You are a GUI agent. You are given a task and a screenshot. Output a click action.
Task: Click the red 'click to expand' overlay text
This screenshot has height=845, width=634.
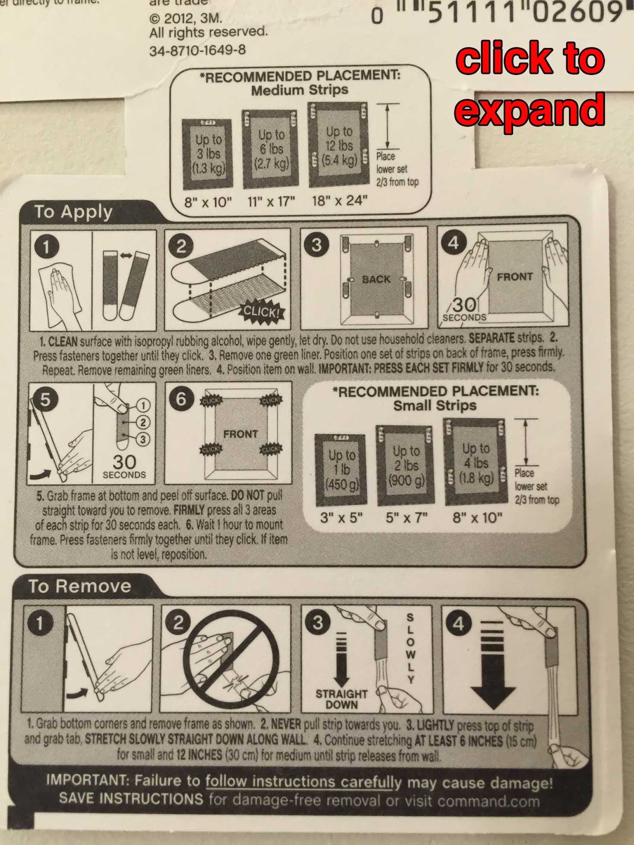(x=530, y=84)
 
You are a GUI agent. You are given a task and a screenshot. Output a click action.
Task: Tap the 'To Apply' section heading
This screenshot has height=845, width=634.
(x=73, y=212)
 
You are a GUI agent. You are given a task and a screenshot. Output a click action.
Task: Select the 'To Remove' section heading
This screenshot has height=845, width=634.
(x=80, y=586)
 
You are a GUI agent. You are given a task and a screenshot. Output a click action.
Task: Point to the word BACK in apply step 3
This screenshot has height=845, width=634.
(x=376, y=279)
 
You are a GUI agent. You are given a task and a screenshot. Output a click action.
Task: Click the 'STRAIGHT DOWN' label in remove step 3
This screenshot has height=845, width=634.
(x=341, y=699)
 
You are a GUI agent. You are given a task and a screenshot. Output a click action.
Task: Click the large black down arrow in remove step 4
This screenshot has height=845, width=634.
(x=492, y=681)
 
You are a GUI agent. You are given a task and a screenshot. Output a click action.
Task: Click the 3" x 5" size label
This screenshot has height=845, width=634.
(x=341, y=518)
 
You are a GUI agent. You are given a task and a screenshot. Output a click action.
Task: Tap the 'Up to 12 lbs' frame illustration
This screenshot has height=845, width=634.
(x=339, y=145)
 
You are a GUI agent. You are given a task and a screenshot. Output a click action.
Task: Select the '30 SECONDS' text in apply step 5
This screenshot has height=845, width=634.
(x=124, y=466)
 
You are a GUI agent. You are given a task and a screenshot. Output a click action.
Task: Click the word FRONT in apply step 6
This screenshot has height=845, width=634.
(x=240, y=434)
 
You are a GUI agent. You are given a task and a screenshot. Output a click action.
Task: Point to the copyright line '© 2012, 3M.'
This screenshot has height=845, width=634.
(x=186, y=18)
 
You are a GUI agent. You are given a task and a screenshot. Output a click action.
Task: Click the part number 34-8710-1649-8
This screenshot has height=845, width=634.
(x=198, y=50)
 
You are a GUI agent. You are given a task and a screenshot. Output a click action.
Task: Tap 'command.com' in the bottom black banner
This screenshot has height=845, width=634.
(x=489, y=801)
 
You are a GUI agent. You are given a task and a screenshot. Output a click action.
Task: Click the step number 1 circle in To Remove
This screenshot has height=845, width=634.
(x=39, y=623)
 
